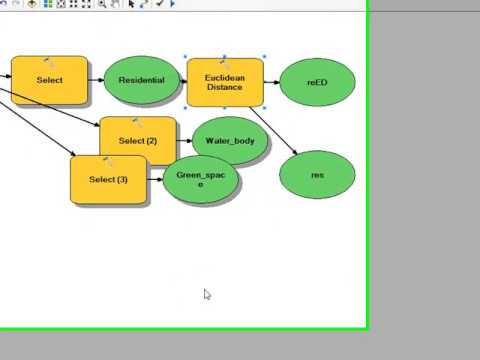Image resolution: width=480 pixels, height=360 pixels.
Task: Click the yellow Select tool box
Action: pos(49,80)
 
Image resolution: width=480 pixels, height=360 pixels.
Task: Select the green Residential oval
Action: pos(141,80)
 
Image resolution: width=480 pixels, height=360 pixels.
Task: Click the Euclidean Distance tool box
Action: pos(225,82)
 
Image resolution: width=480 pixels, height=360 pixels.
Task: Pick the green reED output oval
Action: pos(317,82)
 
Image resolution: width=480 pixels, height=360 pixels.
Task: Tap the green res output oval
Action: pos(317,175)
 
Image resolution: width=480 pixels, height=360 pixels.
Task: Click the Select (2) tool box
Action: pos(138,141)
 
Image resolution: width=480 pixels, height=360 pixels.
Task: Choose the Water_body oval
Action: pos(230,141)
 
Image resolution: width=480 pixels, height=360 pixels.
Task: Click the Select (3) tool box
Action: pos(109,180)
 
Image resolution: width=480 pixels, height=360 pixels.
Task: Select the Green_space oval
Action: pos(201,180)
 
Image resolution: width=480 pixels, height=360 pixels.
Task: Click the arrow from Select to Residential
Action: pos(95,81)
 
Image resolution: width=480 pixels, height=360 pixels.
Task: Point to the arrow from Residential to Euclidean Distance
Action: pos(182,81)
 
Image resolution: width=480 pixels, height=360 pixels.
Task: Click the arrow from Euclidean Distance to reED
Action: pos(272,82)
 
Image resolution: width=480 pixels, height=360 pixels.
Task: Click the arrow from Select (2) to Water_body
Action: pos(184,141)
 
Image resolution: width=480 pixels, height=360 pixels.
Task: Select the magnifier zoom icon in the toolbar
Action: pos(102,5)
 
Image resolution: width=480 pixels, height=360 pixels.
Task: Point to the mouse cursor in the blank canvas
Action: pos(207,294)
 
